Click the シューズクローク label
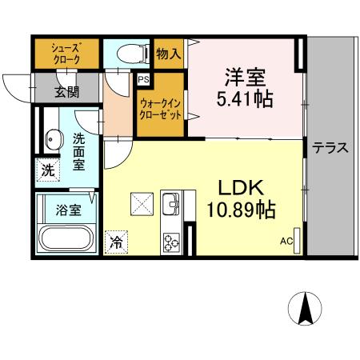(x=65, y=52)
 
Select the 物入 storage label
(x=169, y=55)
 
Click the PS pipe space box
(x=144, y=80)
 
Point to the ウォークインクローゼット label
(x=161, y=107)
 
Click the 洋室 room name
(x=246, y=79)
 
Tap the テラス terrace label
(x=330, y=147)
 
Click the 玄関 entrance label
(x=66, y=91)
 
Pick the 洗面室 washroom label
(x=81, y=150)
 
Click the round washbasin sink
(x=51, y=139)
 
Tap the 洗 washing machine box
(x=48, y=170)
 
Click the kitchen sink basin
(x=171, y=206)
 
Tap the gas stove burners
(x=172, y=241)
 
